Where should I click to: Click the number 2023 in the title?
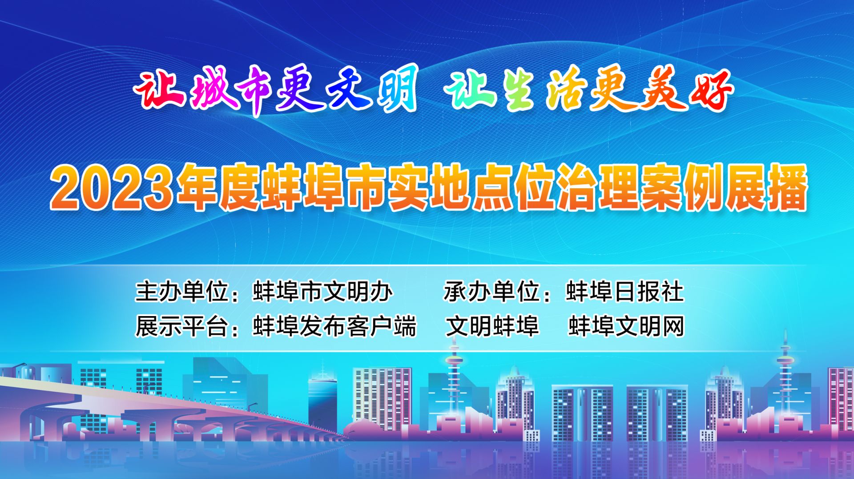coord(111,187)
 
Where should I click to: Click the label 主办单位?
coord(182,292)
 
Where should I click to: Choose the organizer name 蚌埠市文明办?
coord(322,292)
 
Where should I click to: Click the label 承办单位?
coord(491,292)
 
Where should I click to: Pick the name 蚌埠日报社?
coord(624,292)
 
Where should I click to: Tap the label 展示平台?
coord(182,326)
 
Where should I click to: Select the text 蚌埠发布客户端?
coord(334,326)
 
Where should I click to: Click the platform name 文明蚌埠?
coord(492,326)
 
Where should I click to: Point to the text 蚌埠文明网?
coord(626,326)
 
